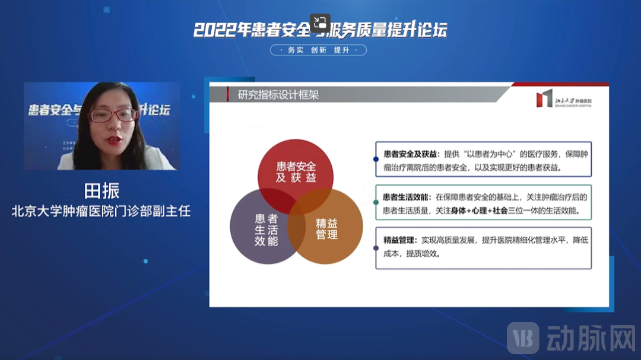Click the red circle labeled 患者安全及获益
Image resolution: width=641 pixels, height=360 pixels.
pyautogui.click(x=296, y=169)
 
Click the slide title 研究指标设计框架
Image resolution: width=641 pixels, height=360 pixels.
pyautogui.click(x=278, y=94)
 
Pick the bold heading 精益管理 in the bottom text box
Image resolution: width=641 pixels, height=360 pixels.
pyautogui.click(x=398, y=241)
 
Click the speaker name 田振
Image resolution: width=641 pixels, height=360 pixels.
pyautogui.click(x=101, y=191)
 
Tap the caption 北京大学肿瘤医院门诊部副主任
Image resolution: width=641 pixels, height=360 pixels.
pyautogui.click(x=101, y=211)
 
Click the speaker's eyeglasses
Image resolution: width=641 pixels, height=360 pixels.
pyautogui.click(x=112, y=115)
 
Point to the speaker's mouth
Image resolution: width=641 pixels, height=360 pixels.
pyautogui.click(x=111, y=139)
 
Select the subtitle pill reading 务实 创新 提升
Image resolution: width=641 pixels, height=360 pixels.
pyautogui.click(x=319, y=50)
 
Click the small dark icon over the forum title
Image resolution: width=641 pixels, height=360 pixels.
pyautogui.click(x=320, y=23)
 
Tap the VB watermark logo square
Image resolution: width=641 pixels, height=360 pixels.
pyautogui.click(x=523, y=338)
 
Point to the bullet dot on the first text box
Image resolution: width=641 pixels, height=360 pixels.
pyautogui.click(x=376, y=159)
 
